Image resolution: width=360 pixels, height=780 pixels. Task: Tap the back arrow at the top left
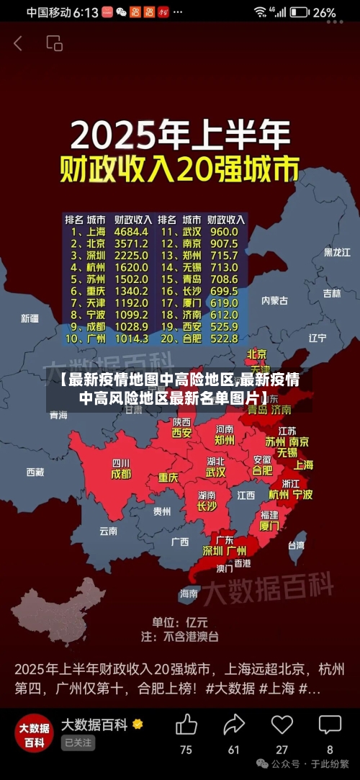click(18, 43)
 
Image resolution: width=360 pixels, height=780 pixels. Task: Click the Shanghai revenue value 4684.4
click(132, 232)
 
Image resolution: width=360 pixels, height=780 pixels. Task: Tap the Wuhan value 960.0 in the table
click(224, 232)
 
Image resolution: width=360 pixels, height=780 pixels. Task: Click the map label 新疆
click(30, 318)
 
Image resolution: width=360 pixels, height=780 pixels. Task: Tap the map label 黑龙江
click(336, 252)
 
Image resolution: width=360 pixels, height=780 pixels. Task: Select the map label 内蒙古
click(274, 300)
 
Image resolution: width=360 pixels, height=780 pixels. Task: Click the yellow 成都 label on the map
click(121, 475)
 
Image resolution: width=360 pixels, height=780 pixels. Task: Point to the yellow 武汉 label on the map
click(215, 472)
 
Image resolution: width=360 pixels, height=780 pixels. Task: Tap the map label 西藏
click(35, 472)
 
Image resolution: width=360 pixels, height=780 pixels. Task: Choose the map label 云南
click(108, 531)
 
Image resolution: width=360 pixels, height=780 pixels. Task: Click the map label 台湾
click(295, 545)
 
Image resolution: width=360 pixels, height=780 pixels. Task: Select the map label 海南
click(189, 593)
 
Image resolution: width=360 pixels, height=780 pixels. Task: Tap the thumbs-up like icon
click(186, 725)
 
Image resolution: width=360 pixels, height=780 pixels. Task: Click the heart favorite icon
click(282, 725)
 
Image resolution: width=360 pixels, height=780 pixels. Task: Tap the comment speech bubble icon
click(330, 725)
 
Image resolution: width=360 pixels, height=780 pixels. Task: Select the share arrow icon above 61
click(234, 725)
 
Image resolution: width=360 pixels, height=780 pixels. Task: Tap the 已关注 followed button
click(78, 743)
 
